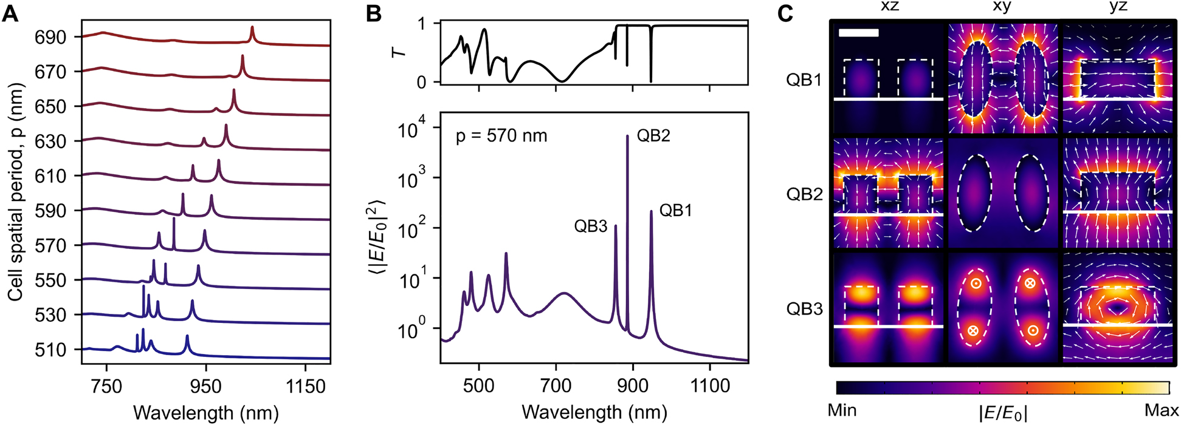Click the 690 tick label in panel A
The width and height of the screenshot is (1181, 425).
coord(50,37)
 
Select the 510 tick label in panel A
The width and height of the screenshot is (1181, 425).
coord(50,350)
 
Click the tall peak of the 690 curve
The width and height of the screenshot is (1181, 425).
coord(252,28)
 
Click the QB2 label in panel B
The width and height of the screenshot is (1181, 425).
coord(653,135)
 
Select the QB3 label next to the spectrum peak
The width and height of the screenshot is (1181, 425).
coord(590,226)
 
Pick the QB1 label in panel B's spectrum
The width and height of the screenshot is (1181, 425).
coord(676,211)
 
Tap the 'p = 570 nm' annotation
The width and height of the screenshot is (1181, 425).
coord(501,135)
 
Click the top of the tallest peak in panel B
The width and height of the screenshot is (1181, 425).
coord(627,137)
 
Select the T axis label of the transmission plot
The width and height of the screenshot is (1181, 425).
coord(399,52)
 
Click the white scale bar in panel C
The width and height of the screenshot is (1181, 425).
coord(858,33)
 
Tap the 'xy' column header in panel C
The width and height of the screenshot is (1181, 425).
coord(1004,7)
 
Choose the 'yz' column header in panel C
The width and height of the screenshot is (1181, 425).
coord(1118,7)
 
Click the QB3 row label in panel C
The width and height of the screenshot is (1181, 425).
coord(804,309)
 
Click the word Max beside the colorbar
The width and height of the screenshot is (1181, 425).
coord(1161,410)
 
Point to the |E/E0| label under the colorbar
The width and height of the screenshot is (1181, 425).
coord(1003,412)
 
